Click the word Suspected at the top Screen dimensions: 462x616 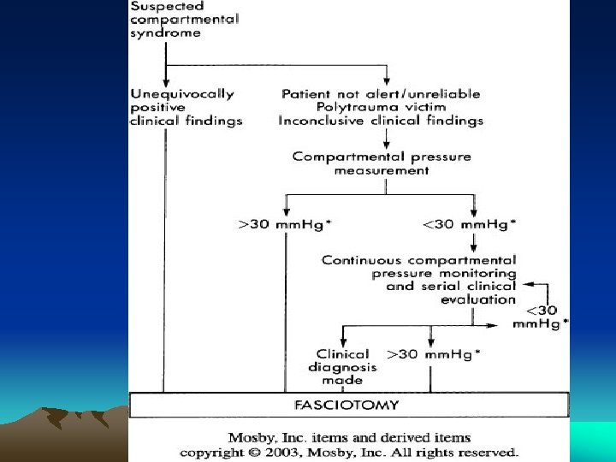click(163, 6)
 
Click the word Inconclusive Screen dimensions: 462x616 click(319, 121)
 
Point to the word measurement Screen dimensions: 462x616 click(382, 170)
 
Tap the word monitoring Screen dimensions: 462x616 click(484, 273)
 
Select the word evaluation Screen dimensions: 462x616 click(478, 299)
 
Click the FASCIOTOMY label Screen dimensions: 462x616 click(348, 404)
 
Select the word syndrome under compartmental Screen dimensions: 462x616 click(166, 33)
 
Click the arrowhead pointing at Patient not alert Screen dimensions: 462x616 click(389, 82)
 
